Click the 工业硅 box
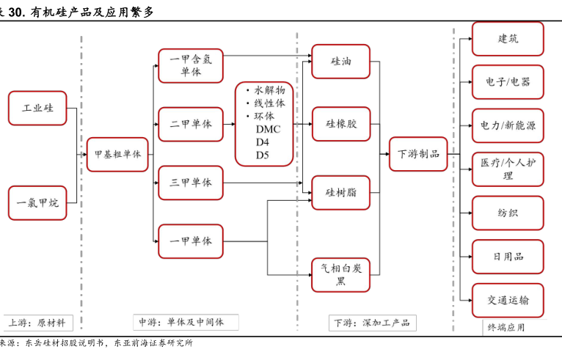[37, 108]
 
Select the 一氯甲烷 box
[37, 203]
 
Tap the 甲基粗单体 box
[117, 155]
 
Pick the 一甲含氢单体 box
[190, 66]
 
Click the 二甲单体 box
[190, 124]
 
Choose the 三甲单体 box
[190, 183]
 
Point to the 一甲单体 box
[190, 240]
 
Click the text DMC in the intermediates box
[263, 129]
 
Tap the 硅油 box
[340, 62]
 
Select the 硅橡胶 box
[340, 124]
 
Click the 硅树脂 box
[340, 193]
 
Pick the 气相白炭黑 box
[340, 276]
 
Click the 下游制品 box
[418, 154]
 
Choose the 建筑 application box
[508, 39]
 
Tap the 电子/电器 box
[508, 82]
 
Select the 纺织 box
[508, 213]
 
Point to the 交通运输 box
[508, 301]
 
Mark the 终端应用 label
[506, 328]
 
